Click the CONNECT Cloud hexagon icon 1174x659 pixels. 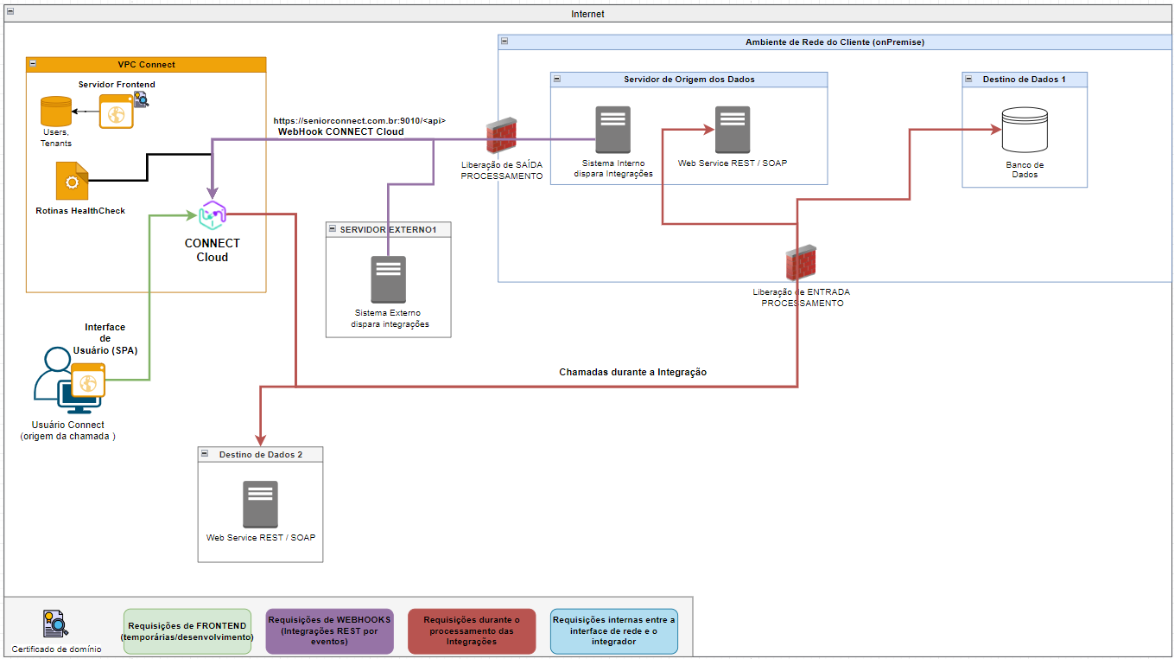tap(212, 215)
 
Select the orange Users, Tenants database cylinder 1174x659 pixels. tap(56, 112)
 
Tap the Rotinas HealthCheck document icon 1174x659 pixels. tap(72, 181)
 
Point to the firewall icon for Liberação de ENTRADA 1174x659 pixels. tap(801, 265)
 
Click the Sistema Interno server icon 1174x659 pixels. tap(612, 130)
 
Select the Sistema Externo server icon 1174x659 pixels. tap(388, 279)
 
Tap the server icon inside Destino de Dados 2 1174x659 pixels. tap(260, 504)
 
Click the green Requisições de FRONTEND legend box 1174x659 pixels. tap(187, 631)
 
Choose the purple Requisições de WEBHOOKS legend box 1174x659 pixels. tap(329, 631)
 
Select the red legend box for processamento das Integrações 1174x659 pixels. tap(472, 631)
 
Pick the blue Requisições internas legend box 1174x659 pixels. tap(613, 631)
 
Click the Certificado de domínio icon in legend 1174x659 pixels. tap(55, 624)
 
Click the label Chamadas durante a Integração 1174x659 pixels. tap(632, 372)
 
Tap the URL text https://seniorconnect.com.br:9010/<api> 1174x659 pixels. tap(359, 121)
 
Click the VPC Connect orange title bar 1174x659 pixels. tap(146, 64)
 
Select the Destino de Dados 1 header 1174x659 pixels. tap(1024, 79)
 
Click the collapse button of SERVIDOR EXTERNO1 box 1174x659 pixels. tap(333, 228)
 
